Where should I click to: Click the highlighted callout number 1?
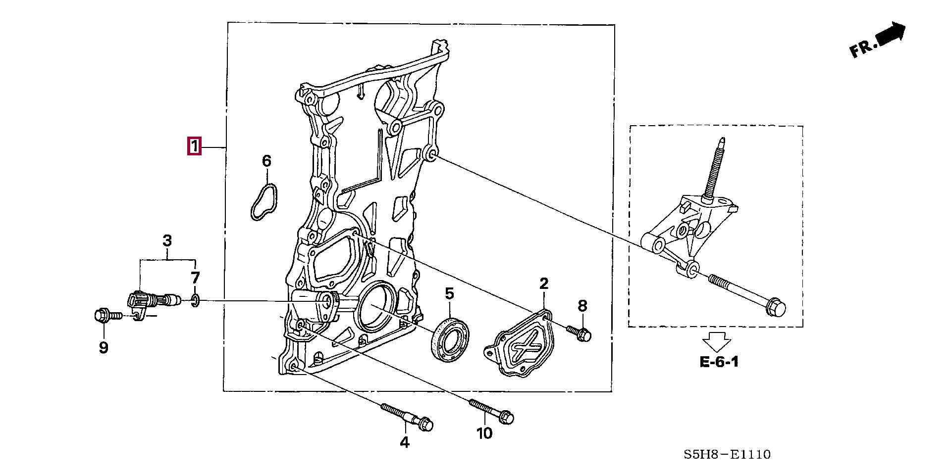click(x=195, y=146)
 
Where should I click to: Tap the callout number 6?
click(x=266, y=161)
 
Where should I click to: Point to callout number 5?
click(x=449, y=294)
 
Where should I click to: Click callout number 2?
click(x=544, y=284)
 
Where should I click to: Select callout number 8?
click(x=582, y=306)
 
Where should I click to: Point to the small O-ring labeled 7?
click(x=195, y=299)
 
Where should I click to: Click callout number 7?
click(x=195, y=278)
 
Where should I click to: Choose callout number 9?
click(x=103, y=348)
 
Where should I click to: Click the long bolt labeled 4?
click(x=406, y=415)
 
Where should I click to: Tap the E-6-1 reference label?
click(x=719, y=362)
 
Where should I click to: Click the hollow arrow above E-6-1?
click(x=717, y=341)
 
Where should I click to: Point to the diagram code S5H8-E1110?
click(x=727, y=454)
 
